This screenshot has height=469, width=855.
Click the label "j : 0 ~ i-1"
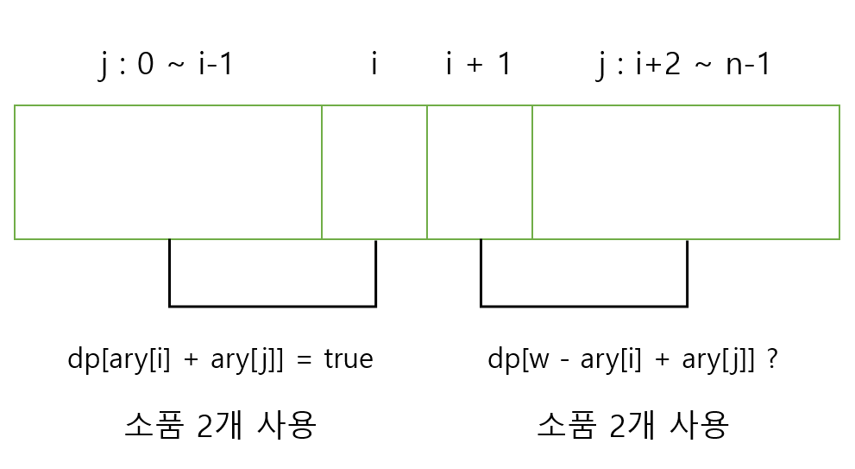pos(166,65)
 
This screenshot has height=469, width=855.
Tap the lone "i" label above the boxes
pos(374,65)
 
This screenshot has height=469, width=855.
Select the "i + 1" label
pos(479,65)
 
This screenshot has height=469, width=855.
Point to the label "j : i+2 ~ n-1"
pos(683,65)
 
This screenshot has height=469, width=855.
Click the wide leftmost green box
pos(168,172)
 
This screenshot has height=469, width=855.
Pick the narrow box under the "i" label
pos(374,172)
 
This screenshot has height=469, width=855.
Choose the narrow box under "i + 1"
pos(480,172)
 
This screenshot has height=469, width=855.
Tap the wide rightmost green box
pos(686,172)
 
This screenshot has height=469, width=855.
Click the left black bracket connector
pos(273,305)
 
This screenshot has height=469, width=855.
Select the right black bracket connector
pos(584,305)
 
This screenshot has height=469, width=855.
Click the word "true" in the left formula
pos(349,359)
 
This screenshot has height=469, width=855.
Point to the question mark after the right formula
pos(772,359)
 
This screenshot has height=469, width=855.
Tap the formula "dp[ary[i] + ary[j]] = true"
pos(220,359)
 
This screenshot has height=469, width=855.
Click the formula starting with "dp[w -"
pos(626,359)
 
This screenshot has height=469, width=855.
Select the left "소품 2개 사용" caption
pos(220,424)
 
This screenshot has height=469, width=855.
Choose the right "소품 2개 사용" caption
pos(633,424)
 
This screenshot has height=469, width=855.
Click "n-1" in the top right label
pos(748,65)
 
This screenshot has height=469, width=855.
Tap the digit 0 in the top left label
pos(146,65)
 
